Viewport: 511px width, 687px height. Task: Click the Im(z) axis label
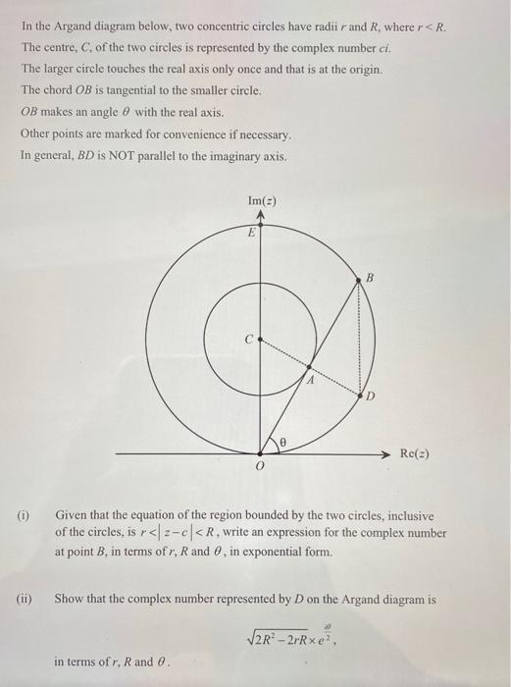tap(260, 200)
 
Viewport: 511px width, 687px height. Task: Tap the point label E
tap(251, 233)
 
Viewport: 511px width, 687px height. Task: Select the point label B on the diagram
tap(371, 278)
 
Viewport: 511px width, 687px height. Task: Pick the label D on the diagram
tap(372, 396)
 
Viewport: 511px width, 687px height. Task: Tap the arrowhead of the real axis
tap(387, 454)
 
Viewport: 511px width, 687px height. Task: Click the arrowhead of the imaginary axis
tap(260, 215)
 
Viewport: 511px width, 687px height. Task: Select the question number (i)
tap(24, 513)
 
